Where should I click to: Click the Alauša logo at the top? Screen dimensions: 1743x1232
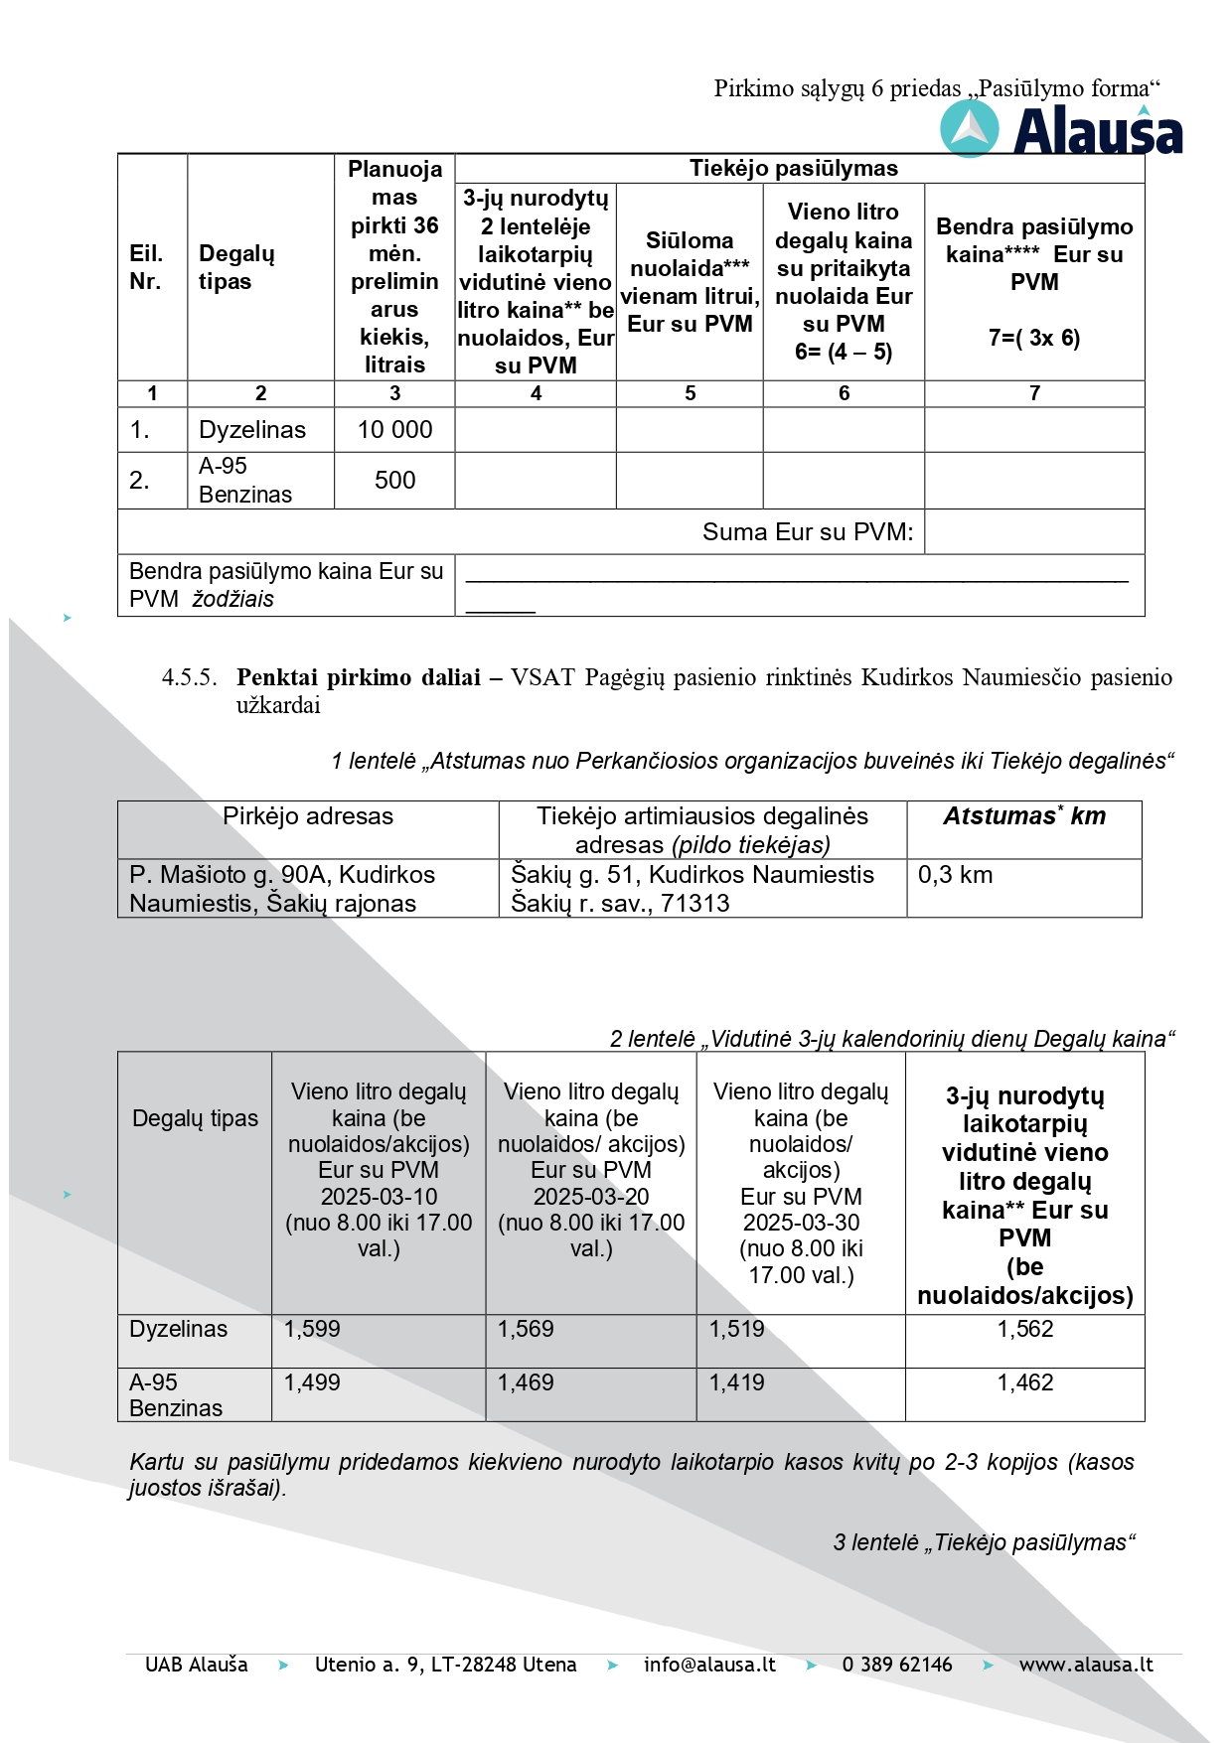click(1061, 131)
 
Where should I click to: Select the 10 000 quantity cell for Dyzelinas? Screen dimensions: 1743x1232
click(394, 430)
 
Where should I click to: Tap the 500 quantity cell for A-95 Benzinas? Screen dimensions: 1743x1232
click(394, 481)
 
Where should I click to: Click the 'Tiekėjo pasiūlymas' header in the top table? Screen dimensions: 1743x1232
click(793, 169)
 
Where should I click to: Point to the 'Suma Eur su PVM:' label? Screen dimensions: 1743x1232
click(807, 532)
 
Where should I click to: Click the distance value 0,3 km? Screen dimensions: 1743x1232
click(955, 875)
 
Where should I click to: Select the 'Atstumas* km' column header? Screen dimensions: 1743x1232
click(1023, 816)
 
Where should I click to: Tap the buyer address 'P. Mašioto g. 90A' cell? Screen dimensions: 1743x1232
click(282, 889)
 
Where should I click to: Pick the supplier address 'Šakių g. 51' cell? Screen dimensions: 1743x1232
click(693, 889)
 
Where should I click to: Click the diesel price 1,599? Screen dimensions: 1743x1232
click(312, 1329)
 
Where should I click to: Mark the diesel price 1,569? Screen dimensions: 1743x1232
click(526, 1329)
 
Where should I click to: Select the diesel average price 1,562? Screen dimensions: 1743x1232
click(1024, 1329)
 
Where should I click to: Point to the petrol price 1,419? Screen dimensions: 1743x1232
click(736, 1382)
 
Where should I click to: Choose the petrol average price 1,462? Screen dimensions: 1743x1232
click(1024, 1382)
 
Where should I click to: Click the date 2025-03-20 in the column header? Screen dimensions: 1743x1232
click(591, 1197)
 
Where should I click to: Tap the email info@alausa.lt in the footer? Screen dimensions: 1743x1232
click(709, 1665)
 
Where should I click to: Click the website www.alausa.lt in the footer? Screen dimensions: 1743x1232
click(1086, 1665)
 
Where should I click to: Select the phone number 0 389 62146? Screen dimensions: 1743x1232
click(897, 1665)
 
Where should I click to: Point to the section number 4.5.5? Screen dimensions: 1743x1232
click(189, 678)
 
